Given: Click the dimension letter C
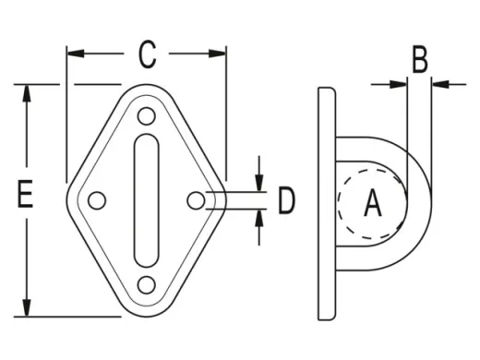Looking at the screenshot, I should pos(147,54).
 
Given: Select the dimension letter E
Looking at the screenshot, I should pos(26,197).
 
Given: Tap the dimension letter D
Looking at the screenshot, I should pos(287,199).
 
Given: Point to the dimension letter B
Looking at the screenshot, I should pos(419,61).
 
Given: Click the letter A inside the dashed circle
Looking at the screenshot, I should pos(373,202).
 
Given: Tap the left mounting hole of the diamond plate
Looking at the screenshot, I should pos(97,199).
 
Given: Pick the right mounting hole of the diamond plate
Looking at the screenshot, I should pos(195,199).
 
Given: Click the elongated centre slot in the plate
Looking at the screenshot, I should pos(146,200).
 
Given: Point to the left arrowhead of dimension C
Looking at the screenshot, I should pos(75,54).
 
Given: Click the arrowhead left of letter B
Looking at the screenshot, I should pos(399,84).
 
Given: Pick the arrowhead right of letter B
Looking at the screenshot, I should pos(438,84).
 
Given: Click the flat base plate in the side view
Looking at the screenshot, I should pos(326,203).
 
